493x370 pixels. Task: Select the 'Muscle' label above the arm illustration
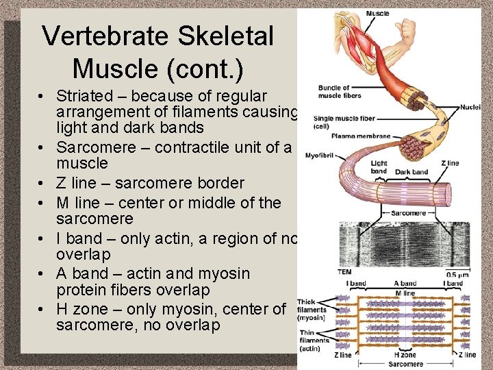coord(377,13)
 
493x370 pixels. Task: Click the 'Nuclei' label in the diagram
coord(470,107)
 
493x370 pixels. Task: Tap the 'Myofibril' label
coord(319,156)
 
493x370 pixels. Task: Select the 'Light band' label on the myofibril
coord(379,167)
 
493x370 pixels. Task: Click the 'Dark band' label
coord(412,172)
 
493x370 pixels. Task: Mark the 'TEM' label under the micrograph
coord(344,272)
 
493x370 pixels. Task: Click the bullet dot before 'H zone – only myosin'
coord(42,309)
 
